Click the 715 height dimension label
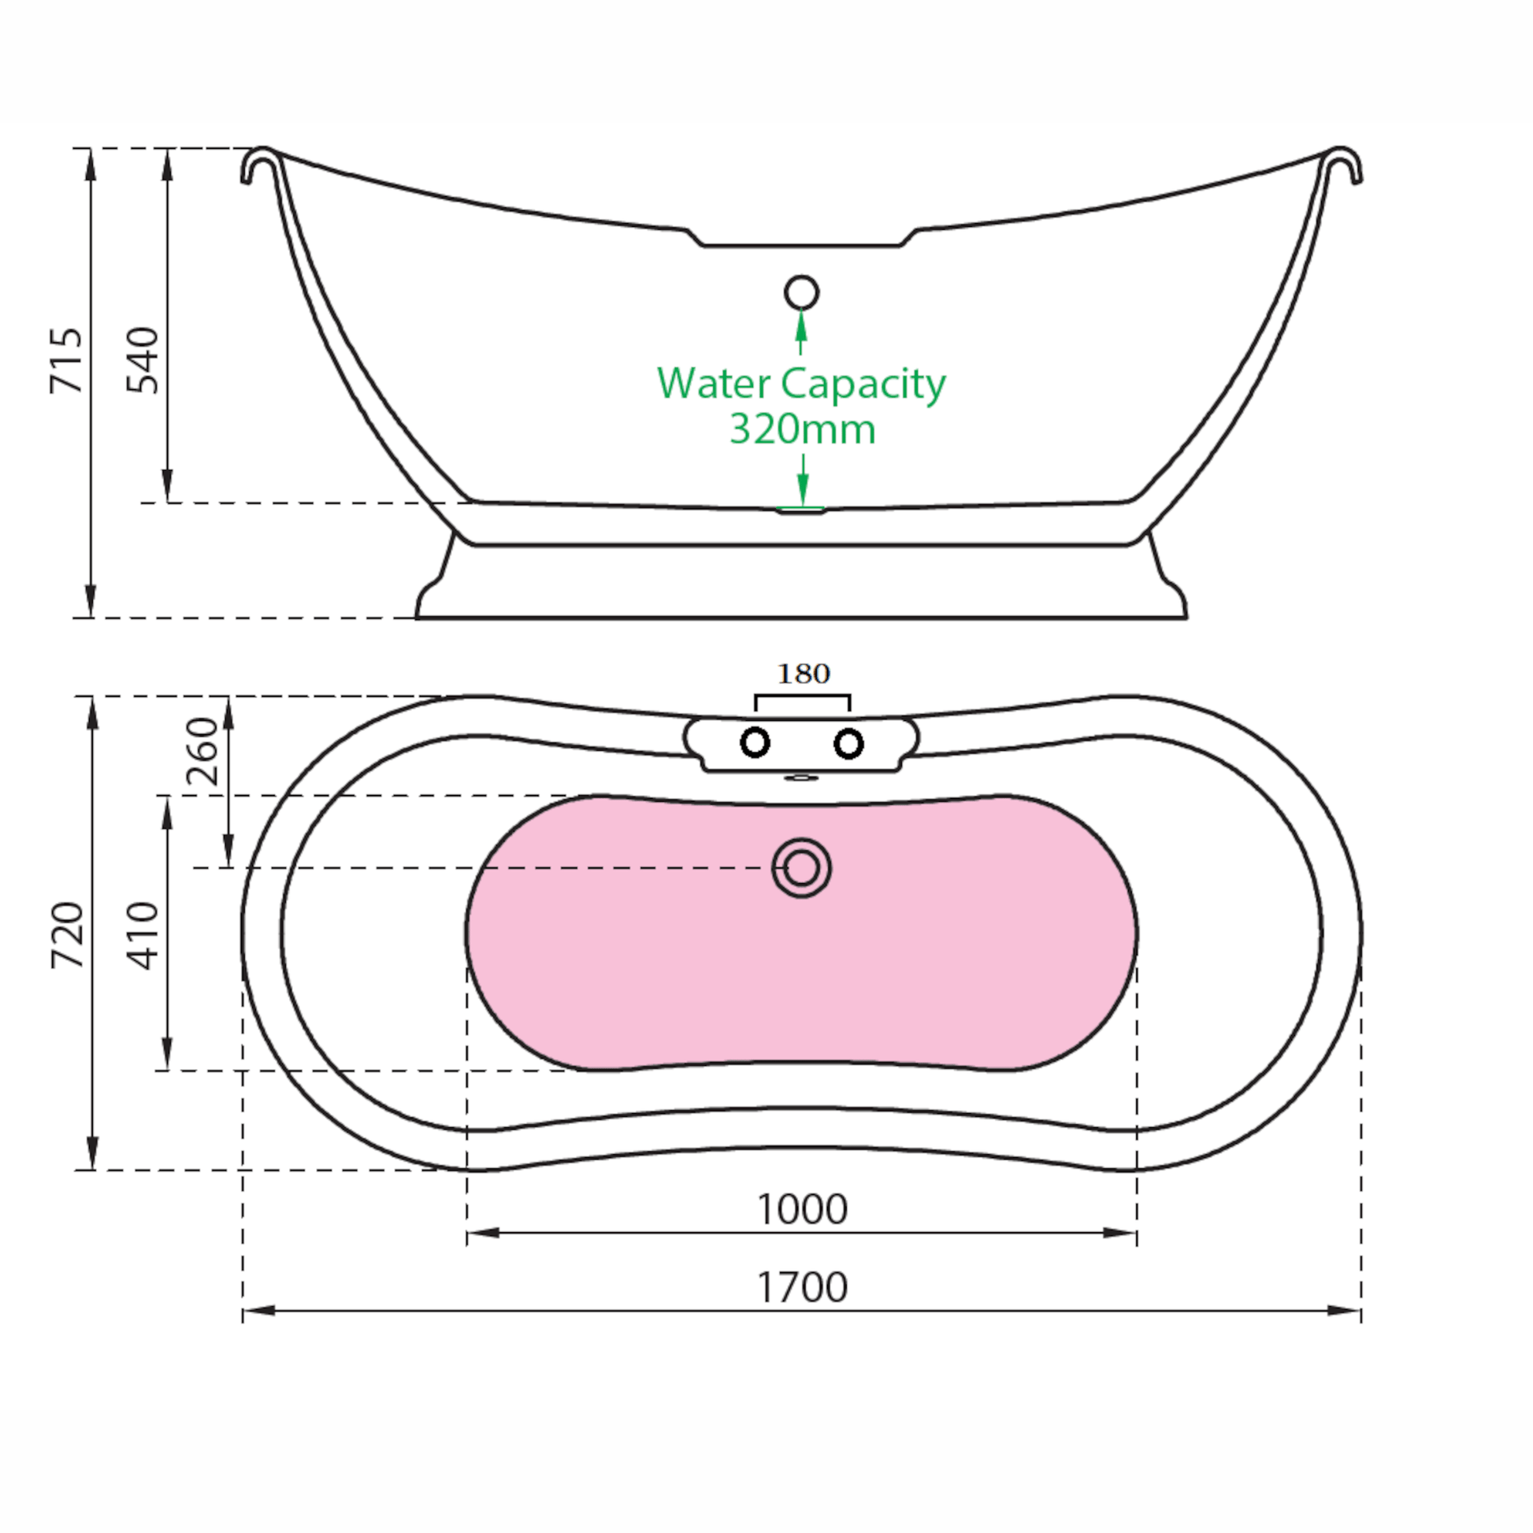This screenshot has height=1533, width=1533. pos(66,360)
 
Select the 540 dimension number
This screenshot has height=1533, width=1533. pos(143,360)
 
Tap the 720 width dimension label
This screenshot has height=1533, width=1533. pos(67,936)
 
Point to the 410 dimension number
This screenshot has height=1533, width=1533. pos(143,936)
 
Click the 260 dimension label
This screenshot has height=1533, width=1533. pos(202,751)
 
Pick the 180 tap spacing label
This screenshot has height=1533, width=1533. pos(803,674)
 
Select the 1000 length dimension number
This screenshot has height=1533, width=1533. pos(802,1209)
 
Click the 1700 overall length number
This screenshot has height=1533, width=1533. pos(802,1287)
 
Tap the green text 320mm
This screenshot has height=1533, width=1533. pos(802,429)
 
